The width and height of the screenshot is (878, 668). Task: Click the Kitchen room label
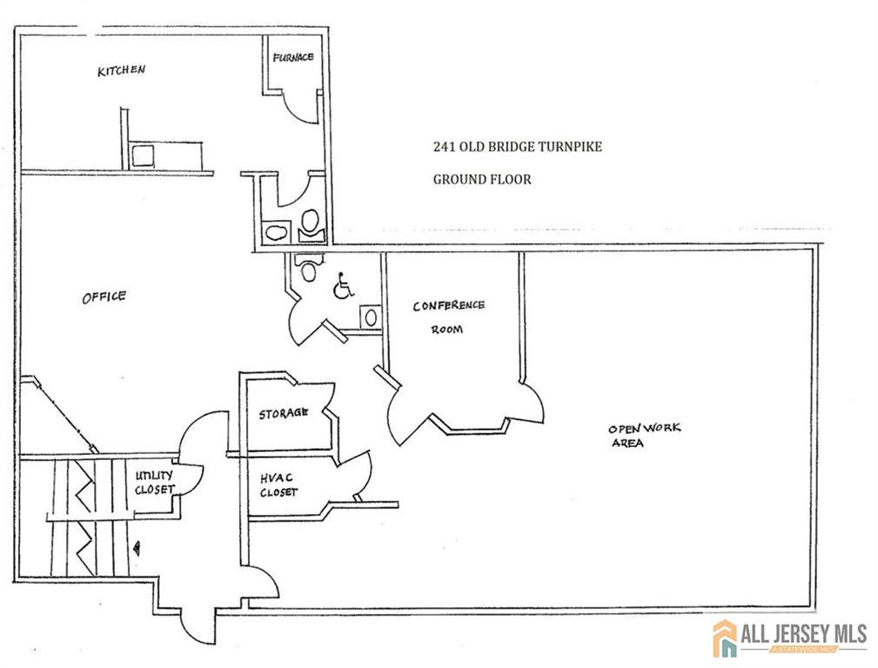(x=122, y=70)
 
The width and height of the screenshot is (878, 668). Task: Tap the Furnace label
(x=293, y=57)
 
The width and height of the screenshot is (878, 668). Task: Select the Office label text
(x=104, y=297)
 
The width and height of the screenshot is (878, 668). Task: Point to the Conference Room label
(x=448, y=317)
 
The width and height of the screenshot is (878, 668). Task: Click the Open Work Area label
(x=645, y=435)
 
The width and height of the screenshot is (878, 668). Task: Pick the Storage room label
(x=283, y=414)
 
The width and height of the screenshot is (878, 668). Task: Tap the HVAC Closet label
(x=278, y=484)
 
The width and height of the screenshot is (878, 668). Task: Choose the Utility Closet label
(x=155, y=482)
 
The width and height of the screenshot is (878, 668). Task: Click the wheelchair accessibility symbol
(x=343, y=286)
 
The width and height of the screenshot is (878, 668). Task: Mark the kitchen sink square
(x=142, y=156)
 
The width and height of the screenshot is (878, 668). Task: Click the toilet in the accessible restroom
(x=308, y=267)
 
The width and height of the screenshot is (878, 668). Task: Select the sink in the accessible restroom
(x=370, y=317)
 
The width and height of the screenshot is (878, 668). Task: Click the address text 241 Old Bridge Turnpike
(x=518, y=147)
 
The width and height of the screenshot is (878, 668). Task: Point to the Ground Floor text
(x=482, y=179)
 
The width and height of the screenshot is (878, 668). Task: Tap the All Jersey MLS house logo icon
(x=725, y=638)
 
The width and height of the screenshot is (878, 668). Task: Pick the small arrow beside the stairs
(x=137, y=548)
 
